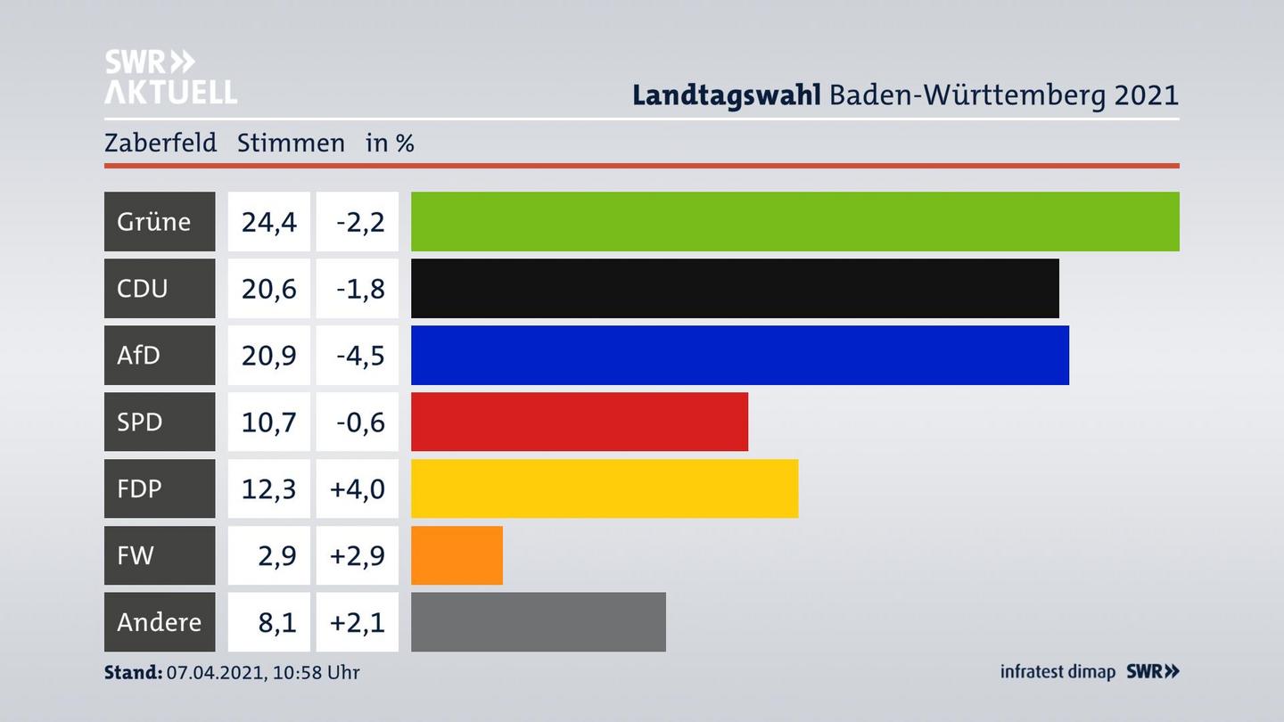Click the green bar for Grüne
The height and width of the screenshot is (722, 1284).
794,221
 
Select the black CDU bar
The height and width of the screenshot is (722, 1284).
735,288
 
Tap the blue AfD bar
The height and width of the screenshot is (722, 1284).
739,355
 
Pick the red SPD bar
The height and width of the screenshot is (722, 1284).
579,422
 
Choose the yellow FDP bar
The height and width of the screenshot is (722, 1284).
604,488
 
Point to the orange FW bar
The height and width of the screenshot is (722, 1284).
457,555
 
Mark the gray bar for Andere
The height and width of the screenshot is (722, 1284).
538,621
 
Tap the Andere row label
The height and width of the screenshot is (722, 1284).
159,621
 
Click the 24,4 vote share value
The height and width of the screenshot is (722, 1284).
268,221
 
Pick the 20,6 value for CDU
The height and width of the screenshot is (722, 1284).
268,288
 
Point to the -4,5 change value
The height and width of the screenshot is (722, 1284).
359,355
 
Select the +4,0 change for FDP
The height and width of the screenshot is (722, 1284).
357,488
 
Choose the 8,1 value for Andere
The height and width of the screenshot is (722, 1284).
276,621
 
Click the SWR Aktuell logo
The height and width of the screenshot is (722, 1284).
170,77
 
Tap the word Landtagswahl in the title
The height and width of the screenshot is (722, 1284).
726,94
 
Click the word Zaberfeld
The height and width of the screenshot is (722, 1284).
160,143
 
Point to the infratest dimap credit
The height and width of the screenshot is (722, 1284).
1058,671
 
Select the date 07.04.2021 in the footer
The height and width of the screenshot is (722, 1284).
214,672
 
